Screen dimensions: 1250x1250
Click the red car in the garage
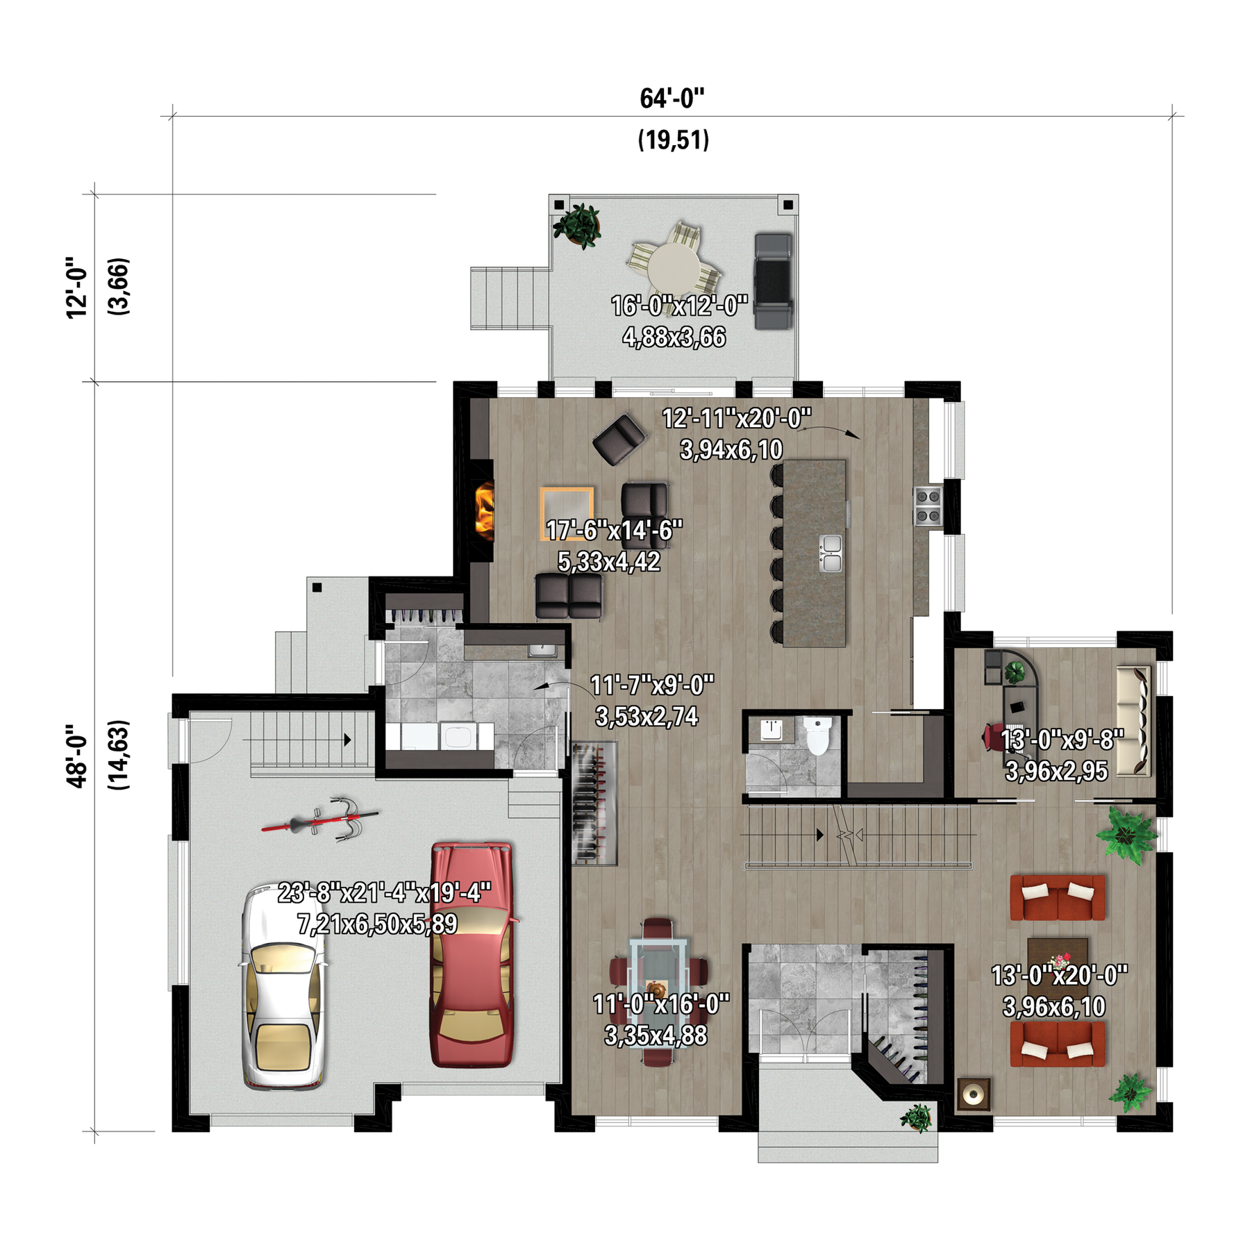click(x=472, y=954)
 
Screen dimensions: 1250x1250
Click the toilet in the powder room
click(x=817, y=736)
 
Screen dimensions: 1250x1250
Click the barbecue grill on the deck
click(x=774, y=281)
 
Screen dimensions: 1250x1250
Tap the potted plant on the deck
click(x=576, y=224)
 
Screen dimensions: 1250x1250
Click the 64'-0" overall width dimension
click(x=672, y=99)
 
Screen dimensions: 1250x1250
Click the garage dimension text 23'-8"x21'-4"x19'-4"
click(x=385, y=892)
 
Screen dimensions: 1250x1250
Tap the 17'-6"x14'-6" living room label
click(x=615, y=531)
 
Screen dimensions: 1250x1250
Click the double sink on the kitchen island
click(x=831, y=553)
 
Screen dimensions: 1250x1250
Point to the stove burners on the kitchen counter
click(x=928, y=506)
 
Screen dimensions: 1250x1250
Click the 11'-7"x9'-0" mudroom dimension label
click(x=652, y=685)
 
